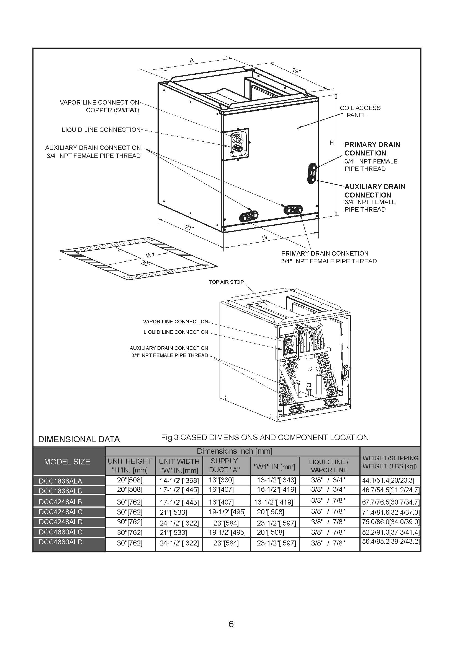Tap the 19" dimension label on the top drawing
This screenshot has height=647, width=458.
pyautogui.click(x=296, y=71)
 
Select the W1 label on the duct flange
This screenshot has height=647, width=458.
pyautogui.click(x=150, y=255)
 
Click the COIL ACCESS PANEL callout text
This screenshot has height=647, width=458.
pyautogui.click(x=360, y=111)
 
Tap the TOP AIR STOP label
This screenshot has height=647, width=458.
pyautogui.click(x=226, y=282)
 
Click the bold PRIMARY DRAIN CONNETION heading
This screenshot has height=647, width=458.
pyautogui.click(x=372, y=149)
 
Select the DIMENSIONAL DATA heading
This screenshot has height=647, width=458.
pyautogui.click(x=79, y=439)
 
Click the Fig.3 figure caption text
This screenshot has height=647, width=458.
pyautogui.click(x=264, y=437)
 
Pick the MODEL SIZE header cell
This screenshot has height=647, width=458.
pyautogui.click(x=67, y=462)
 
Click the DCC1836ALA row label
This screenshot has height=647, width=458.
pyautogui.click(x=60, y=481)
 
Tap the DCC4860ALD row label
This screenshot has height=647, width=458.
pyautogui.click(x=60, y=542)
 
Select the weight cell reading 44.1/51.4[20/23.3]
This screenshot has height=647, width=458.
pyautogui.click(x=390, y=480)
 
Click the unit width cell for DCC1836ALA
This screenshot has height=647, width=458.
pyautogui.click(x=179, y=480)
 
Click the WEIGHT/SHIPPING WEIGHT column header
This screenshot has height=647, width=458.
pyautogui.click(x=390, y=462)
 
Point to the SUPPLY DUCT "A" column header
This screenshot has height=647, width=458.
pyautogui.click(x=225, y=465)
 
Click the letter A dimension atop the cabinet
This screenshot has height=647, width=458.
pyautogui.click(x=192, y=60)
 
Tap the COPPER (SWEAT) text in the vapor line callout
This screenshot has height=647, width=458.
pyautogui.click(x=112, y=110)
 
